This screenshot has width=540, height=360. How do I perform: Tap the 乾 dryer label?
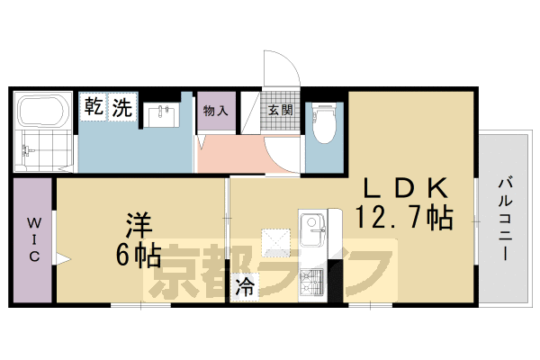point(94,107)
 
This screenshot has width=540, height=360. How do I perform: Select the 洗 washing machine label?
point(121,107)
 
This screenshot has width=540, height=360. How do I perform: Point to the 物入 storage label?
point(215,111)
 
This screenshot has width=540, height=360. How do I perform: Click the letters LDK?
point(404,188)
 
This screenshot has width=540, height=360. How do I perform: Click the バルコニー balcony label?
point(505,220)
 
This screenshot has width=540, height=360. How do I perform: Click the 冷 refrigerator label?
point(244,287)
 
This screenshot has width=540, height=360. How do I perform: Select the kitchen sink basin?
point(315,224)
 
